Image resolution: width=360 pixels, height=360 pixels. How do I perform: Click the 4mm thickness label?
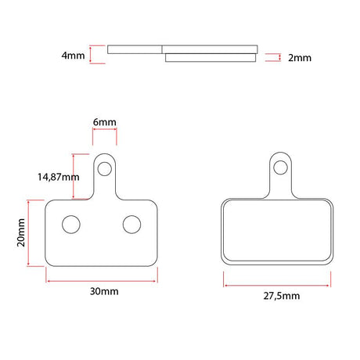pos(73,56)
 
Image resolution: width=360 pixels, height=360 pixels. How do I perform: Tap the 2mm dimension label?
pos(300,58)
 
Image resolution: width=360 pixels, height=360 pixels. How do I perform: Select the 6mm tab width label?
pos(105,122)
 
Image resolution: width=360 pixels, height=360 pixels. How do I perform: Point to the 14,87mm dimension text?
pos(59,177)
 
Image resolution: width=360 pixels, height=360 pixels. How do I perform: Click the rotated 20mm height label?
pos(21,232)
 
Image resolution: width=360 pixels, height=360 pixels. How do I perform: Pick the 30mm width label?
pos(104,291)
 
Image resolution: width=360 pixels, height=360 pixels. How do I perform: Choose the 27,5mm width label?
pos(282,296)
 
